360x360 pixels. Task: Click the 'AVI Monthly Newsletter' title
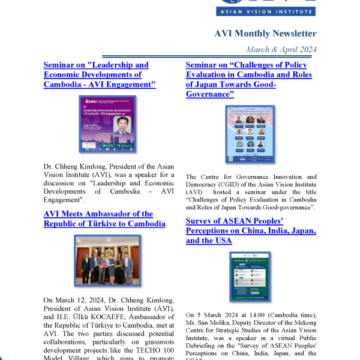click(265, 34)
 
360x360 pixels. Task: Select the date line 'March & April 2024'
click(281, 49)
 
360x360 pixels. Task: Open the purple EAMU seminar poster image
click(107, 124)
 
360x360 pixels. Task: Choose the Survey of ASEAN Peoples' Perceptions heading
click(251, 231)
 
